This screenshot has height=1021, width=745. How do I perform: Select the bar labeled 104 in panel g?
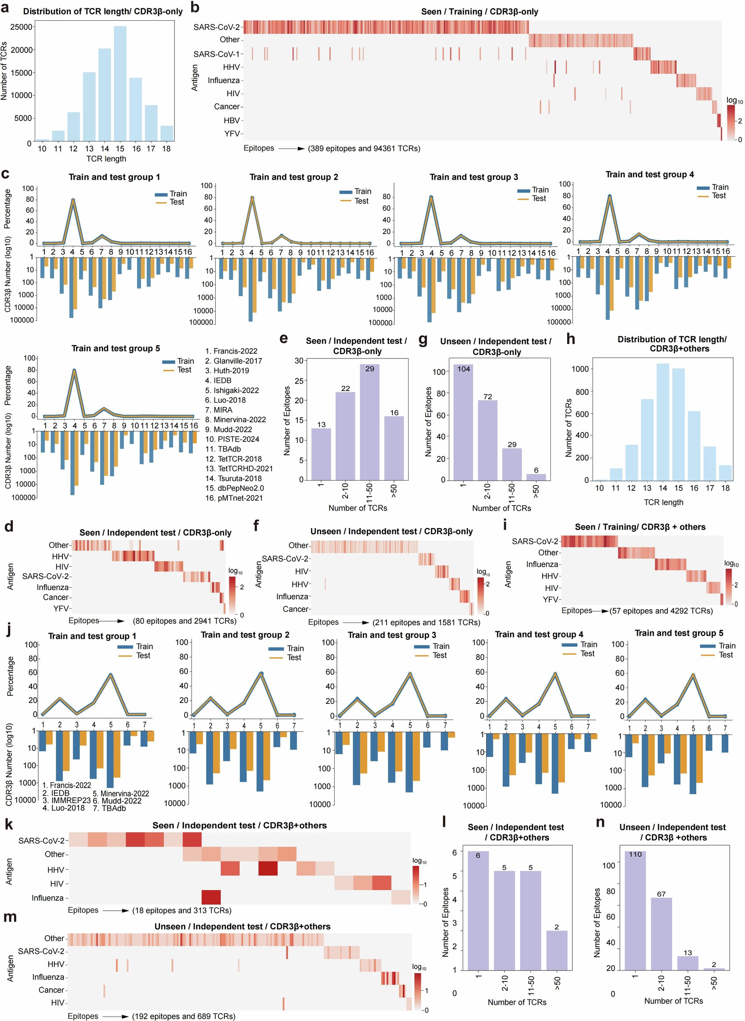463,422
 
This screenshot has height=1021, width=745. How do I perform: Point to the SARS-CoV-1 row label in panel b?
217,54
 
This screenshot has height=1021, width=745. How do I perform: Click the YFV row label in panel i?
551,599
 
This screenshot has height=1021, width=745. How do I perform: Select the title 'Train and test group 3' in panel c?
474,177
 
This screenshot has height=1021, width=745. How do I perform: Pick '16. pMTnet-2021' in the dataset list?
234,498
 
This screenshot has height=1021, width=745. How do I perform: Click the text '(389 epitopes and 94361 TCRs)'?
364,148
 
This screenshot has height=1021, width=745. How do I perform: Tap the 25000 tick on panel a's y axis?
21,27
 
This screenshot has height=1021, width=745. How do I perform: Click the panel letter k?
9,824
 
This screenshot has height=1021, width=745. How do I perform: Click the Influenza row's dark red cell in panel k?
211,898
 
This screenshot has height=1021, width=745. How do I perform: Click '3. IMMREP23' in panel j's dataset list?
66,800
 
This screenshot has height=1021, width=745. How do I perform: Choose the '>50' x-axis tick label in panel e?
394,491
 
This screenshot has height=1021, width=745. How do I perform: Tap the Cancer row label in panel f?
295,609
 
